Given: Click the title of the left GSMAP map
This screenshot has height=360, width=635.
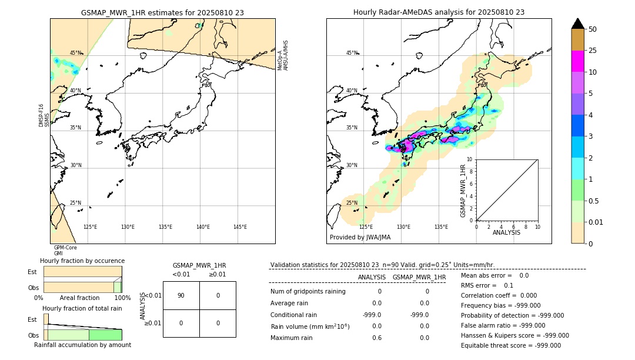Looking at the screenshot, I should [162, 12].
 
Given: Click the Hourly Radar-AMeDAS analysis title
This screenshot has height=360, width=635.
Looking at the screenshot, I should [439, 12].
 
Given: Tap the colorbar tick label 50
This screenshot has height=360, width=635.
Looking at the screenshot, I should [593, 29].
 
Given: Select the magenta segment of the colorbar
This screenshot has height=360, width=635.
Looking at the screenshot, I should [578, 61].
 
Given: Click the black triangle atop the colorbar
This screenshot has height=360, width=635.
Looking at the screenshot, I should [578, 24].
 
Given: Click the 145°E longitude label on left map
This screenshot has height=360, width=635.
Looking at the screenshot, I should [240, 227].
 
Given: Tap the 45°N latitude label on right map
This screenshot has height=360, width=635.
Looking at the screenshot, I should [352, 53].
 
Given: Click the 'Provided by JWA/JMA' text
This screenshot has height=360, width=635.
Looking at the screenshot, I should [360, 237].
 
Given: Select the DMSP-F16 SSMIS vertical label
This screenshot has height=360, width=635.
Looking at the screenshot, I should [42, 115].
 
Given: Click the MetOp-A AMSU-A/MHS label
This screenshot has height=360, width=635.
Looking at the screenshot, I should [283, 55].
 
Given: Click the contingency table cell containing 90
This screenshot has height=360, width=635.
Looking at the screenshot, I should [181, 295].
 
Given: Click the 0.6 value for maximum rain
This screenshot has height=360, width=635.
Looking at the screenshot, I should [376, 338].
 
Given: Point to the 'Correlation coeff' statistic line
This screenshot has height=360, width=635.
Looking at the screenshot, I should [495, 296].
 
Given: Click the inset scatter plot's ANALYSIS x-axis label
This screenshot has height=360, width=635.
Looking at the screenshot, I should [506, 232].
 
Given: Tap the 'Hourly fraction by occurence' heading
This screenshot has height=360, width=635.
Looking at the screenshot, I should [82, 261].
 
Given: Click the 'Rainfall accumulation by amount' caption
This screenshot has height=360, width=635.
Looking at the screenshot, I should [82, 345].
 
